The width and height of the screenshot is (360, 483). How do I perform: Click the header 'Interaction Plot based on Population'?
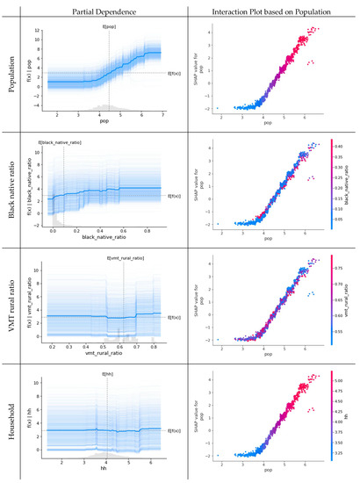[272, 11]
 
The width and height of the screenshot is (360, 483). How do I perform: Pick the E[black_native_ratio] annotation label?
[60, 142]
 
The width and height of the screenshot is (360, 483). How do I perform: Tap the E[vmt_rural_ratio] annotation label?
[125, 258]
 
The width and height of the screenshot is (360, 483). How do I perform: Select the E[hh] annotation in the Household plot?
[107, 374]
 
